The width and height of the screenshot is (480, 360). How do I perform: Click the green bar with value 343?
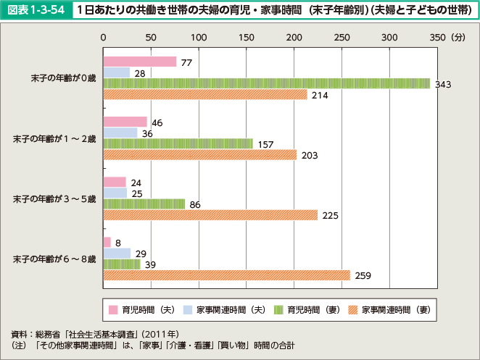[266, 83]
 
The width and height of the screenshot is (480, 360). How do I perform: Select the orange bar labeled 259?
[226, 275]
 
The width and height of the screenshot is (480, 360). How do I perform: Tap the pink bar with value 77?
[140, 62]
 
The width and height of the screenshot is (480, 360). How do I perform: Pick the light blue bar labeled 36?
[120, 133]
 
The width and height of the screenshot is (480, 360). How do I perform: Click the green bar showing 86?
[144, 204]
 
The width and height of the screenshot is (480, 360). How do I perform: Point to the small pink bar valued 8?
[107, 241]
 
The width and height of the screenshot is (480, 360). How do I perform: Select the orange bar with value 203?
[200, 154]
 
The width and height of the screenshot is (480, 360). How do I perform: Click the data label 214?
[319, 95]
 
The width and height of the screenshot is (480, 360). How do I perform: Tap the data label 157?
[265, 144]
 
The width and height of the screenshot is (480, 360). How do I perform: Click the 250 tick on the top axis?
[342, 35]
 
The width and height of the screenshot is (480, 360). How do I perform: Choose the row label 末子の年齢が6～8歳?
[54, 259]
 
